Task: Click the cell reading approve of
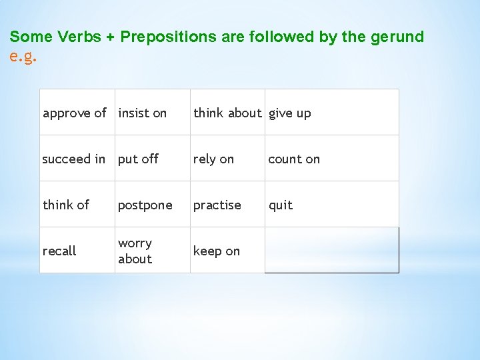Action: click(x=75, y=113)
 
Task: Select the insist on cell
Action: click(x=143, y=113)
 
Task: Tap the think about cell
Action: click(x=227, y=113)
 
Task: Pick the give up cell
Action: click(x=290, y=113)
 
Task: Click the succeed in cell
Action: click(x=74, y=159)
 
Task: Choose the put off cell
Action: click(x=139, y=159)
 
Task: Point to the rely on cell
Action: click(x=214, y=159)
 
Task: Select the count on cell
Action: click(x=294, y=159)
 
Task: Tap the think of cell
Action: click(x=66, y=205)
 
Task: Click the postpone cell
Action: click(x=145, y=205)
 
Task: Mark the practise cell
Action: click(x=217, y=205)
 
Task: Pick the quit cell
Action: click(x=281, y=205)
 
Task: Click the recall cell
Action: click(x=59, y=251)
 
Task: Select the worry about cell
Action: click(x=135, y=251)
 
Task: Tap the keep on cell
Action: click(x=217, y=251)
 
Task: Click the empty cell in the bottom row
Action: click(x=331, y=251)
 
